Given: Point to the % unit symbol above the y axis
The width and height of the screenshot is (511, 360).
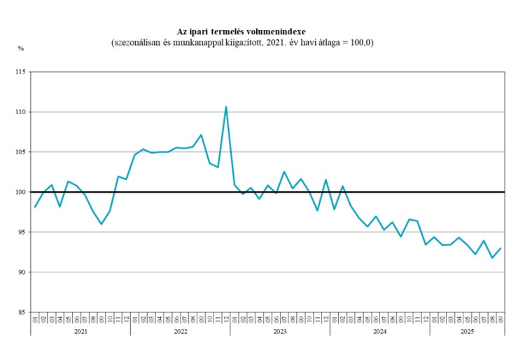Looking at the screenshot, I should point(21,48).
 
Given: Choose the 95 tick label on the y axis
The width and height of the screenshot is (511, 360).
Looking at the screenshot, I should point(21,232).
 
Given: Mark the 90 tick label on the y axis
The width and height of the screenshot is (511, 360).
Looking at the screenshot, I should point(21,272).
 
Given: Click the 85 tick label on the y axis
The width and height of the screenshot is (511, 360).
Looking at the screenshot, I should point(21,312).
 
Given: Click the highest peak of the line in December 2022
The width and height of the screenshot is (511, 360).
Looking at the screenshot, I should point(226,106).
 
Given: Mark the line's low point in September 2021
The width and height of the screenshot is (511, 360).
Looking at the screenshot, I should point(101,224).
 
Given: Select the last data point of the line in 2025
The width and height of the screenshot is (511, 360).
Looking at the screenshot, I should point(500,248).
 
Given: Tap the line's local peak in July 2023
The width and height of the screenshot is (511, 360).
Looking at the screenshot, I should point(284,172).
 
